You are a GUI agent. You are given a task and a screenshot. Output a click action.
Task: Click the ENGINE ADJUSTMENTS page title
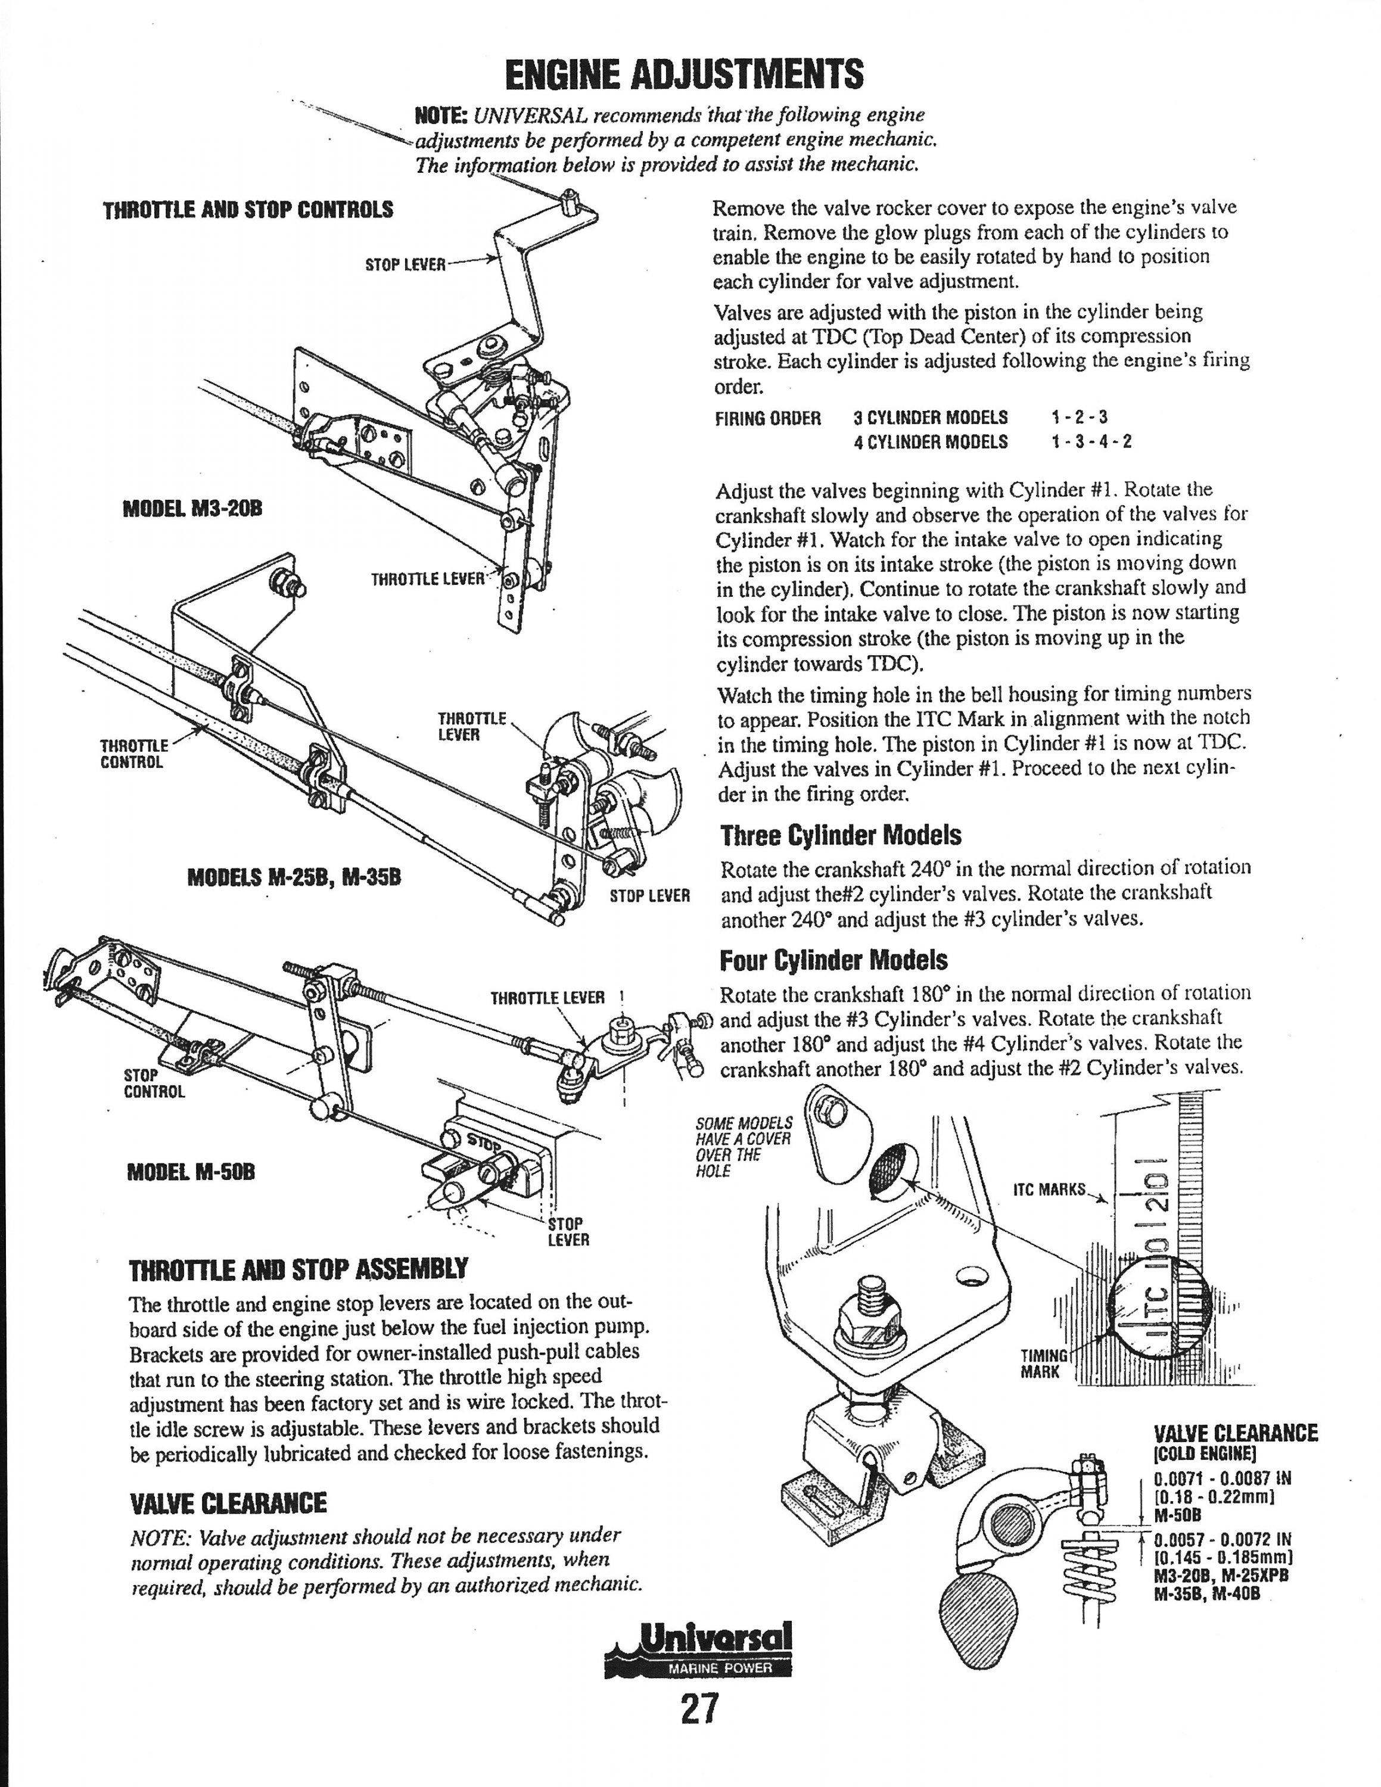pos(684,75)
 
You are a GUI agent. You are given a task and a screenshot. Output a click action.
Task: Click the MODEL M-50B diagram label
pos(191,1172)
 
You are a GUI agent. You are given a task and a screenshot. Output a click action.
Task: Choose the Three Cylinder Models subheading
pos(841,835)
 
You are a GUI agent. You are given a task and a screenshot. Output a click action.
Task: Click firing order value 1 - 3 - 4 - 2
pos(1091,442)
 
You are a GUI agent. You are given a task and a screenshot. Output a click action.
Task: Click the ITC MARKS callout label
pos(1050,1190)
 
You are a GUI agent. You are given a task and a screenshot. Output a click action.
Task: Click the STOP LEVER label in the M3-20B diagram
pos(405,265)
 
